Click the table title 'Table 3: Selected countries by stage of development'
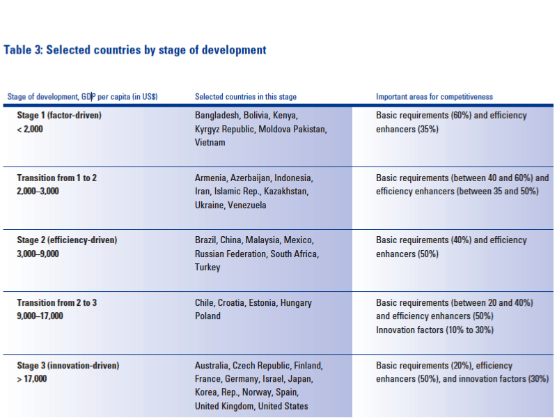[135, 50]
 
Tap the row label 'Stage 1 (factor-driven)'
[59, 116]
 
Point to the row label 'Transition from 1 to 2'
[57, 178]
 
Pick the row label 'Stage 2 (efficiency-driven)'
[67, 240]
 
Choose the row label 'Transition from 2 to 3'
[57, 303]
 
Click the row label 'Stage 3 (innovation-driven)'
[68, 365]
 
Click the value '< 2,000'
[30, 129]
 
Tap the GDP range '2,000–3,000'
[38, 191]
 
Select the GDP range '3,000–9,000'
[38, 254]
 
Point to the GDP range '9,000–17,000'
[40, 316]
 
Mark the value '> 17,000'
[32, 378]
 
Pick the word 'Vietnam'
[210, 142]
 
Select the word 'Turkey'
[207, 267]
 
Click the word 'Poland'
[207, 316]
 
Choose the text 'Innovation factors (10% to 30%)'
[435, 330]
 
